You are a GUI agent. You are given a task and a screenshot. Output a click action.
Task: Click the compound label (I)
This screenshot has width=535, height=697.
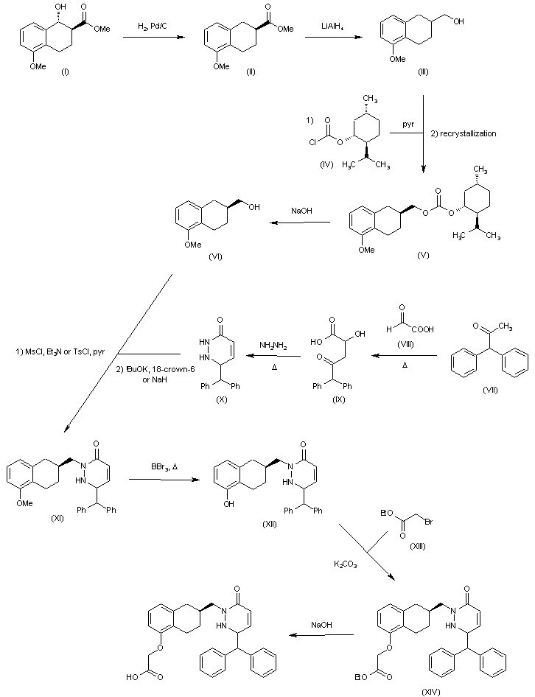coord(65,71)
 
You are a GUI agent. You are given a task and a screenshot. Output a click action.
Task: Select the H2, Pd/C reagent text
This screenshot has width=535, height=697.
coord(153,27)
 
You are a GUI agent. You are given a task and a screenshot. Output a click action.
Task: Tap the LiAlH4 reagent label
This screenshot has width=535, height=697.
coord(332,27)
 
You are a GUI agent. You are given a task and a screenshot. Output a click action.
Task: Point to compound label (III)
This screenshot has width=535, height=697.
coord(423,71)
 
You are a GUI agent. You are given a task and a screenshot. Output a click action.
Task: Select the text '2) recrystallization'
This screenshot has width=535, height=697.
coord(464,133)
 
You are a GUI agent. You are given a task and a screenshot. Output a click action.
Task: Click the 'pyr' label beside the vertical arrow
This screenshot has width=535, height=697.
coord(408,125)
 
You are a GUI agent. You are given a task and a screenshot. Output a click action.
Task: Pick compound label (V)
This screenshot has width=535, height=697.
coord(423,255)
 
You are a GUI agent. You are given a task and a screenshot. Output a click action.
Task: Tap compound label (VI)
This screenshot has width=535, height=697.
coord(215,256)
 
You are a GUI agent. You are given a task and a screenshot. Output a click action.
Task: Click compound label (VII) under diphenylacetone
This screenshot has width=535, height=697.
coord(490,390)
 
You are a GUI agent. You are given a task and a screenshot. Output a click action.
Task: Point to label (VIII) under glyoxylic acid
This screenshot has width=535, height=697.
coord(405,344)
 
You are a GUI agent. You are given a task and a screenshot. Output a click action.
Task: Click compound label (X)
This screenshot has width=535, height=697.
coord(222,399)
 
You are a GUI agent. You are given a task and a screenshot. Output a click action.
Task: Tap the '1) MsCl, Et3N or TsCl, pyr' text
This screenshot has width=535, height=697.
coord(60,351)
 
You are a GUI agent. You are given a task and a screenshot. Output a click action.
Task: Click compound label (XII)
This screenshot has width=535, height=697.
coord(270,524)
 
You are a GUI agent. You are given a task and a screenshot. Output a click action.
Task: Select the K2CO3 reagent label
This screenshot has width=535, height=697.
coord(345,564)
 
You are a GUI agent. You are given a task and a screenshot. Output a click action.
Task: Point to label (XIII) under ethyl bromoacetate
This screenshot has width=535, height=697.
coord(418,546)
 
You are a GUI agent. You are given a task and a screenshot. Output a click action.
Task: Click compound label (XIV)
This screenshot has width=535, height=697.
coord(431,692)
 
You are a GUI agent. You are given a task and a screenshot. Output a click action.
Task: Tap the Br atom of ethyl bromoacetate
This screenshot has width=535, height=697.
coord(429,522)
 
